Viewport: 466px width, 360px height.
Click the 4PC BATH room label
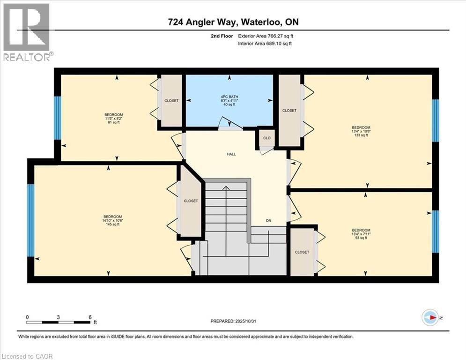(x=229, y=101)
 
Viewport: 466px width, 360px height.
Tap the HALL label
(x=231, y=154)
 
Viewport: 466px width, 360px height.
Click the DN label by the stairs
(x=269, y=220)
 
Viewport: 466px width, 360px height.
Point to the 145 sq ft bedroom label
(x=113, y=220)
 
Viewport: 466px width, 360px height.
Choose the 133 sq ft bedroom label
(x=361, y=131)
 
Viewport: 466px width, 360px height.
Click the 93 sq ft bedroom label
(x=361, y=234)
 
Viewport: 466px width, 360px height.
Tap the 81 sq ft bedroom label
(x=113, y=119)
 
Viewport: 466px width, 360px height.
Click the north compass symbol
(x=430, y=318)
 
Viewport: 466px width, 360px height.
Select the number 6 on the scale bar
(x=90, y=317)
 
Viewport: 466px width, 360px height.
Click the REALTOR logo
(x=27, y=32)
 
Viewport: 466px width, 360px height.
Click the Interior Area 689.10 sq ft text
(x=265, y=44)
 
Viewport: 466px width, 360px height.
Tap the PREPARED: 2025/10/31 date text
(x=233, y=321)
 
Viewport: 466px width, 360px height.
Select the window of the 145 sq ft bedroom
(x=31, y=220)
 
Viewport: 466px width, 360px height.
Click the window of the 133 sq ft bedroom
(x=435, y=120)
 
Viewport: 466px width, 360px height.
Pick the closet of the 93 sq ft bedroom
(x=302, y=252)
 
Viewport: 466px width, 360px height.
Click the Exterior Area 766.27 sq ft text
(x=266, y=36)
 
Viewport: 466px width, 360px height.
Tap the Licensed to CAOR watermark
(x=27, y=356)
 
